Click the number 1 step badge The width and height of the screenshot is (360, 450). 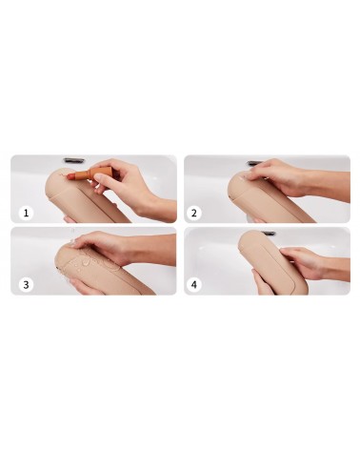coord(26,213)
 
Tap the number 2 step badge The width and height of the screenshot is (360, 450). coord(194,213)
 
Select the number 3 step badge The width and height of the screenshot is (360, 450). coord(26,284)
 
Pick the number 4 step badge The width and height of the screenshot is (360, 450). coord(194,284)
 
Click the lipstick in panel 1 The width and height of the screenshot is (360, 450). coord(83,174)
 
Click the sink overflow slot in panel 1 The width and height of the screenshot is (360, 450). coord(73,159)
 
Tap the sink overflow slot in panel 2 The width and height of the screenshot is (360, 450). coord(254,163)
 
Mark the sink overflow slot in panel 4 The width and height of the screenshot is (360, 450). coord(269,234)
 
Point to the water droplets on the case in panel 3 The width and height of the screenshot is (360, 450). coord(85,261)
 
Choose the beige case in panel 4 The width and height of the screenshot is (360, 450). coord(272,263)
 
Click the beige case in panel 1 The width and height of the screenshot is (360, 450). coord(88,197)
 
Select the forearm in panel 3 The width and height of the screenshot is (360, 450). coord(152,250)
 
